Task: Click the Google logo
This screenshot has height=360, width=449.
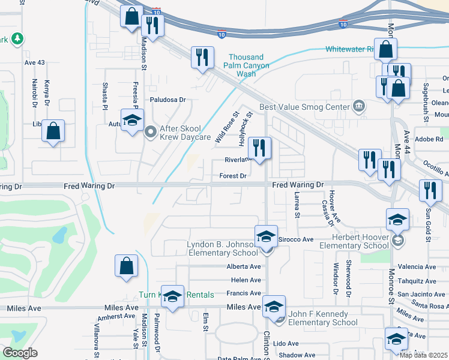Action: click(x=20, y=353)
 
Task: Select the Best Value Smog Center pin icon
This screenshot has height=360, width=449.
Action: click(x=358, y=107)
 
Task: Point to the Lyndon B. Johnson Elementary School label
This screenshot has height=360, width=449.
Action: click(x=223, y=249)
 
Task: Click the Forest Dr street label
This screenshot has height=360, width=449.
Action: click(x=233, y=176)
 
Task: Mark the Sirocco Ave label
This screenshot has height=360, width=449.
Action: click(x=295, y=239)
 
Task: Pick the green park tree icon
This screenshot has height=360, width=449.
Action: click(x=17, y=38)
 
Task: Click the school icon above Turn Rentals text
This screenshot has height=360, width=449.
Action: click(x=173, y=296)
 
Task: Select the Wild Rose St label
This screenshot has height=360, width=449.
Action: click(x=227, y=127)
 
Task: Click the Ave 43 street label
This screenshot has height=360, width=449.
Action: click(x=35, y=62)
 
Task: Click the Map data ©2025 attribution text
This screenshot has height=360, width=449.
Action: click(x=424, y=355)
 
